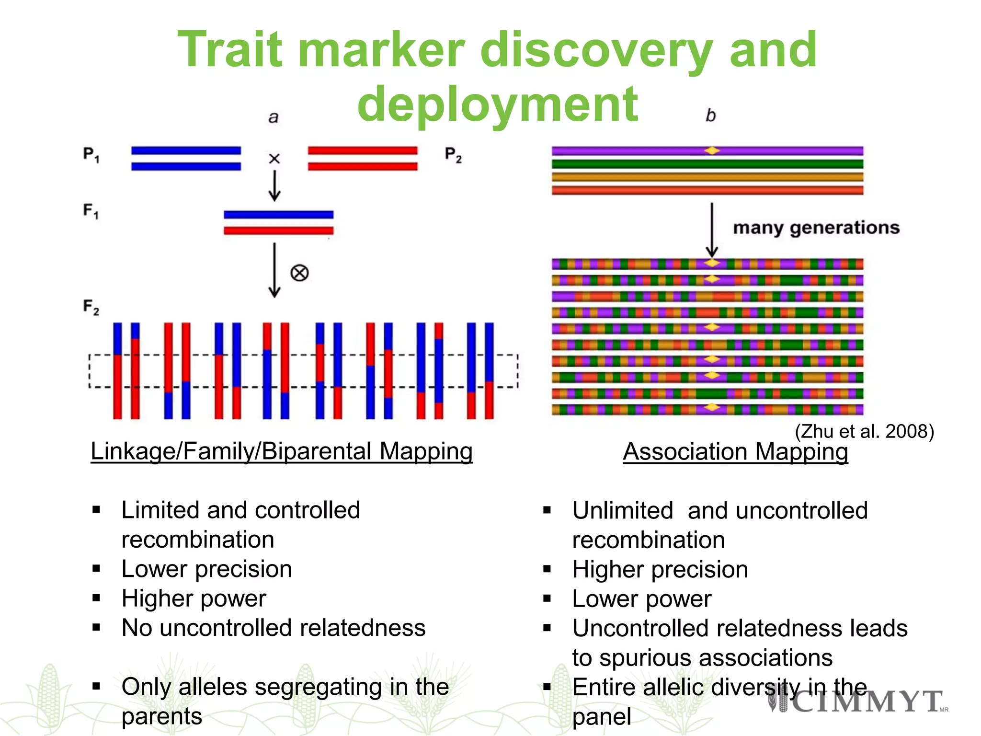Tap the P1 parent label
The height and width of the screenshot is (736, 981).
(91, 155)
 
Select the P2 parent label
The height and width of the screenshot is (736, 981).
(453, 155)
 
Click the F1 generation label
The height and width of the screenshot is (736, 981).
(91, 211)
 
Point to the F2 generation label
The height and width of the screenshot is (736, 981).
(91, 307)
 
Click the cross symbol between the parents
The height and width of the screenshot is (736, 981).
(274, 159)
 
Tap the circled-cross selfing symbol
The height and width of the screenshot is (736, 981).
(299, 273)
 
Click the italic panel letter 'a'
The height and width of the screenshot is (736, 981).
(273, 117)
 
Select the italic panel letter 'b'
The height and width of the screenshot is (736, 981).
(710, 115)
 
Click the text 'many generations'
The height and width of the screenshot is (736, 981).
(816, 228)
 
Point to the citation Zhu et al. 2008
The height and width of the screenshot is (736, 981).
(864, 431)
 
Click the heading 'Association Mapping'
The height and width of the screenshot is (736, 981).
(735, 452)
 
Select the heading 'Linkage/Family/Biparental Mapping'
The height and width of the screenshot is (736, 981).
(282, 451)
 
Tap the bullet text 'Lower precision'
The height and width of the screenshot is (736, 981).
(206, 569)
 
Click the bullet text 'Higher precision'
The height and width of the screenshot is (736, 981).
(660, 570)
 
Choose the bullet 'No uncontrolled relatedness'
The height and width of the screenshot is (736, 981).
(273, 628)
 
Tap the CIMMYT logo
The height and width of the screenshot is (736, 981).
(857, 702)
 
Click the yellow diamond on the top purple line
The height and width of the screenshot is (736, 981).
(712, 151)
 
